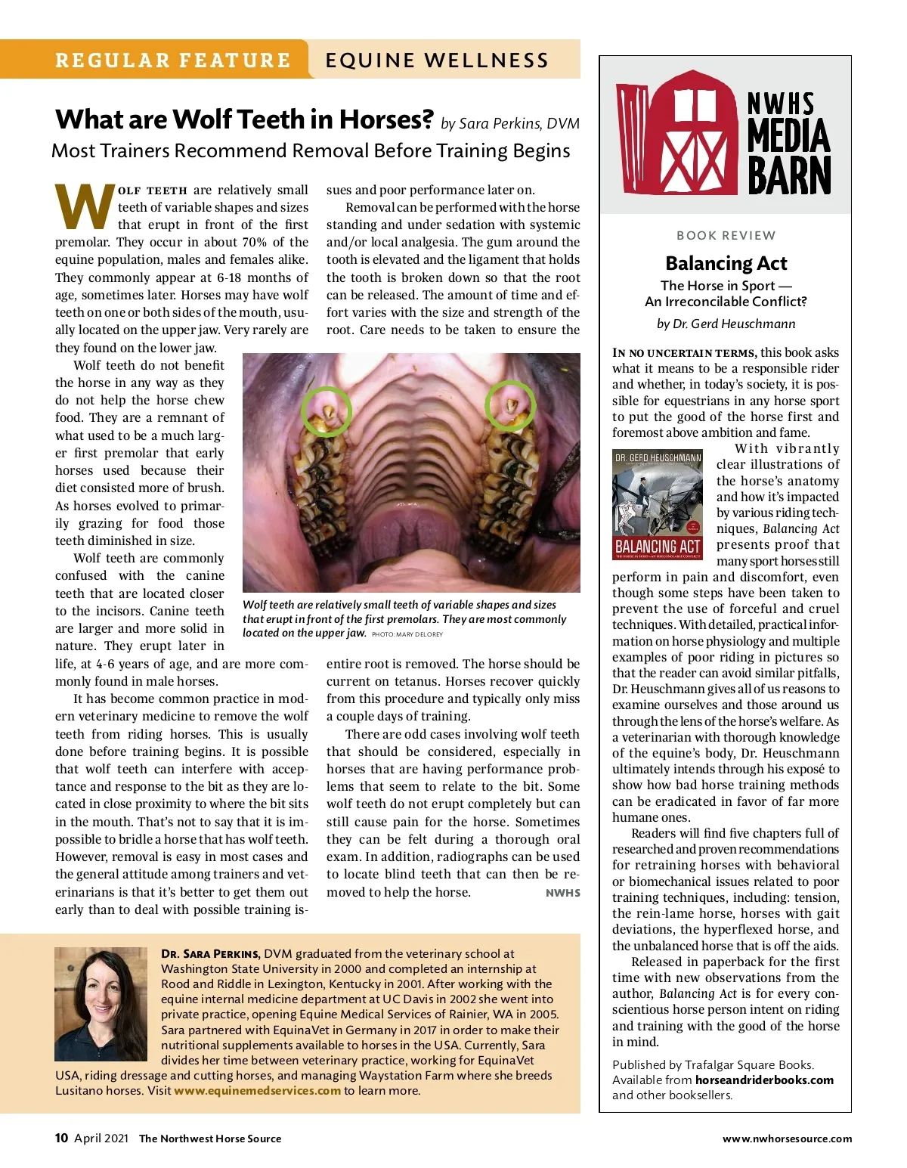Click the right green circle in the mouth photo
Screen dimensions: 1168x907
click(x=510, y=406)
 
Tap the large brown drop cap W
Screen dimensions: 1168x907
click(x=84, y=207)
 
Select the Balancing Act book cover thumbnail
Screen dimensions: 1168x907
click(x=658, y=504)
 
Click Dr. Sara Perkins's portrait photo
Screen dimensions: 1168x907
click(x=101, y=1003)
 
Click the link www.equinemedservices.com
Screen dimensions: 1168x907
click(x=257, y=1090)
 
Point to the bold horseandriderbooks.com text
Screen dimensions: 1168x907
click(x=764, y=1080)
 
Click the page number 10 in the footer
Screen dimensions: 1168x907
click(x=61, y=1138)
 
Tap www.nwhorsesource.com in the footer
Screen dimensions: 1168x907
click(x=787, y=1139)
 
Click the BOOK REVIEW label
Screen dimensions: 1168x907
click(x=726, y=235)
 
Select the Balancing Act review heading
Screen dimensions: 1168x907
click(x=726, y=263)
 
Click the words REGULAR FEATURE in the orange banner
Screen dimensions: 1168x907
click(x=173, y=60)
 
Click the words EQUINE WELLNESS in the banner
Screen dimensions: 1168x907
click(x=437, y=60)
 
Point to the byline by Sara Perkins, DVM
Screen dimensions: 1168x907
click(x=510, y=123)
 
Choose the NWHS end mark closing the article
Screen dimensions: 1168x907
click(x=563, y=893)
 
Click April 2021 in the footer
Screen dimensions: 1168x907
click(x=101, y=1138)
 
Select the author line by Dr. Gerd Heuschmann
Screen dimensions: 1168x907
click(x=726, y=324)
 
